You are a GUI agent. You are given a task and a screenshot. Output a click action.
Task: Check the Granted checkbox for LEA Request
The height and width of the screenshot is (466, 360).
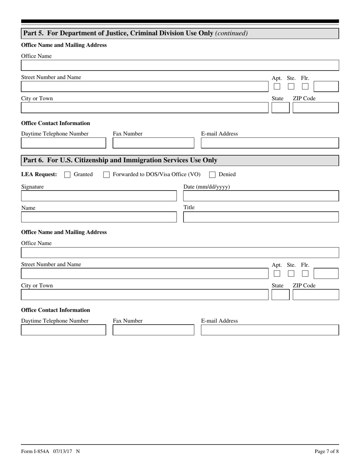tap(67, 175)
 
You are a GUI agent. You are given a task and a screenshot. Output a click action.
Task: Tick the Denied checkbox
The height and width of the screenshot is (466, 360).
tap(213, 175)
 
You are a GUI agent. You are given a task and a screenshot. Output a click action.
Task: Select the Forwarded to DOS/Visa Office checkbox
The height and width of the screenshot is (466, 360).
tap(106, 175)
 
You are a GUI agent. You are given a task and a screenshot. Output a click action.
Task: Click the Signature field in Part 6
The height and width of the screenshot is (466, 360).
tap(99, 196)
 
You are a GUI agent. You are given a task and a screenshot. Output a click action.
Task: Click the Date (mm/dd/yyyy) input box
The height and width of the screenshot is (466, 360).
tap(261, 196)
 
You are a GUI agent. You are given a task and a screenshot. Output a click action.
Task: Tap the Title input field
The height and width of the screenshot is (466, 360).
tap(261, 217)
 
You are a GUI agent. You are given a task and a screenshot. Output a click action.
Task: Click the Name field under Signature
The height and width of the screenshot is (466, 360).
tap(99, 217)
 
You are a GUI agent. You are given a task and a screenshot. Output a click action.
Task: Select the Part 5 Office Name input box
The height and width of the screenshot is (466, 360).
tap(180, 66)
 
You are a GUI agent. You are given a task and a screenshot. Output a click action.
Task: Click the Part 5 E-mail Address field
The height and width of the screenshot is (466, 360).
tap(269, 143)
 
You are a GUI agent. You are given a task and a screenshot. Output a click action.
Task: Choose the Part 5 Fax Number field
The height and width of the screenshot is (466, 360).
tap(153, 143)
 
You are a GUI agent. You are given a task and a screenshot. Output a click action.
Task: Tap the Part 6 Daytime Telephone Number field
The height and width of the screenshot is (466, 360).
tap(63, 330)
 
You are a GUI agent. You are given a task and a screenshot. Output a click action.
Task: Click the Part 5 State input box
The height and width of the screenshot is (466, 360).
tap(280, 108)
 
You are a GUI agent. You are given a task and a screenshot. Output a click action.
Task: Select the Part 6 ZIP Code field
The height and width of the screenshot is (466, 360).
tap(316, 295)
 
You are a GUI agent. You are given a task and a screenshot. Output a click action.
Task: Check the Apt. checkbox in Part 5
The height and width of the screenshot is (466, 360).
tap(277, 86)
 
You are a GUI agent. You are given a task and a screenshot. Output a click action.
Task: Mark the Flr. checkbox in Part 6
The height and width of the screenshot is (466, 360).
tap(305, 274)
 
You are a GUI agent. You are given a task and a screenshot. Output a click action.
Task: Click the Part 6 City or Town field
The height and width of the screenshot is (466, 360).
tap(144, 295)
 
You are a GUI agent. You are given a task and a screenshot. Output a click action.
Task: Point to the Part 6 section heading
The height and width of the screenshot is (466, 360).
tap(121, 160)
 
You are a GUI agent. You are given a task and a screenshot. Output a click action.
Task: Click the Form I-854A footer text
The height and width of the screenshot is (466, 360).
tap(50, 451)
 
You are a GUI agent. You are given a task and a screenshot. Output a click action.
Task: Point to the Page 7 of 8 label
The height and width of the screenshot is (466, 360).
tap(327, 451)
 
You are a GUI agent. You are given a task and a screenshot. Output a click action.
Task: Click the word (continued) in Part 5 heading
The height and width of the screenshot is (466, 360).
tap(231, 33)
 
